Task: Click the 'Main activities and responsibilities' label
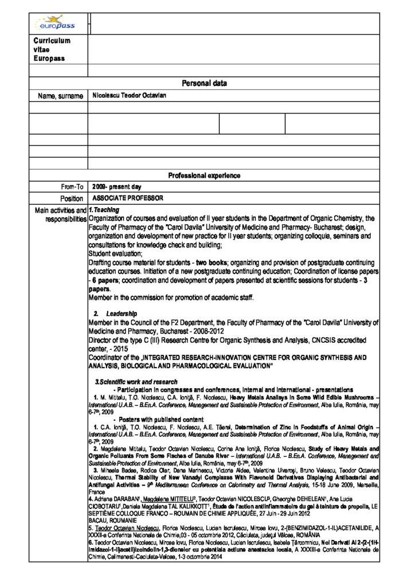click(60, 215)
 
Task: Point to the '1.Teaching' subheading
click(104, 210)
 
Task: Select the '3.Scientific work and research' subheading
click(136, 382)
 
